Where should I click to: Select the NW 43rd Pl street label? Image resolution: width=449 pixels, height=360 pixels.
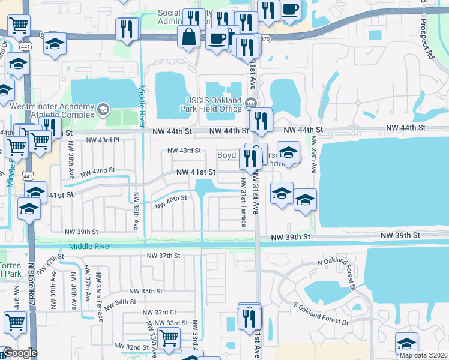click(x=103, y=140)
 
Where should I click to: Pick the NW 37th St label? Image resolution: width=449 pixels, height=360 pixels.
click(x=164, y=256)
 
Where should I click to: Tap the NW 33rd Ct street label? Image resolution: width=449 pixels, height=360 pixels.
click(x=159, y=312)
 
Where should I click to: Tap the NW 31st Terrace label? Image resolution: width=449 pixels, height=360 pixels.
click(x=243, y=202)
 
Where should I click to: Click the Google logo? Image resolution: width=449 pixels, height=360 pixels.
click(x=19, y=353)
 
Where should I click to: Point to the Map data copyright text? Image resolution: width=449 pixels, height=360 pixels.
click(x=423, y=355)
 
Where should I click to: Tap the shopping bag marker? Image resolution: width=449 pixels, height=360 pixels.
click(x=189, y=37)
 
